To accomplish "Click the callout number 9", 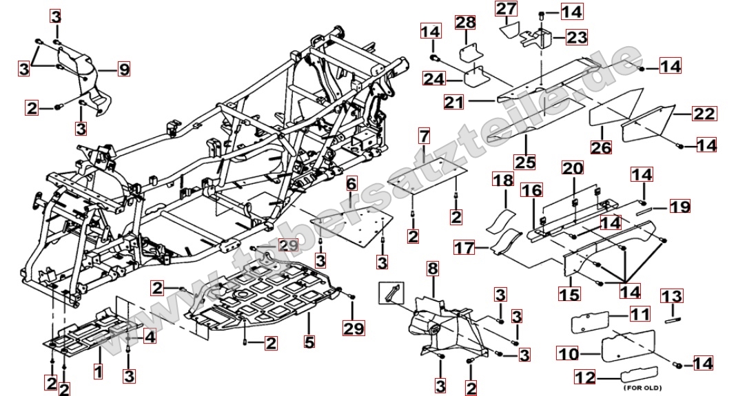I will click(124, 69).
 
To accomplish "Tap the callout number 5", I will click(309, 341).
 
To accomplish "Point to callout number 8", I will click(432, 268).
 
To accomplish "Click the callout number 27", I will click(506, 9).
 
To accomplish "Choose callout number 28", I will click(465, 23).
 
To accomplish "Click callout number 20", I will click(572, 169).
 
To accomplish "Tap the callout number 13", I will click(672, 297).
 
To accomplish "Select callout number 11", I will click(640, 315).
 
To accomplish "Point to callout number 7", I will click(423, 136).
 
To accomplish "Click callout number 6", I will click(351, 183).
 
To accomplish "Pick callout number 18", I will click(504, 180).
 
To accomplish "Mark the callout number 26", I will click(601, 147).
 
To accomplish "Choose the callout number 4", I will click(150, 337).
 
